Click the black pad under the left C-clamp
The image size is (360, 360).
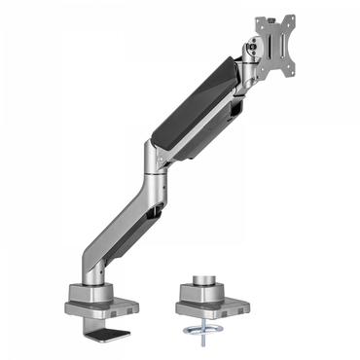(111, 333)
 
